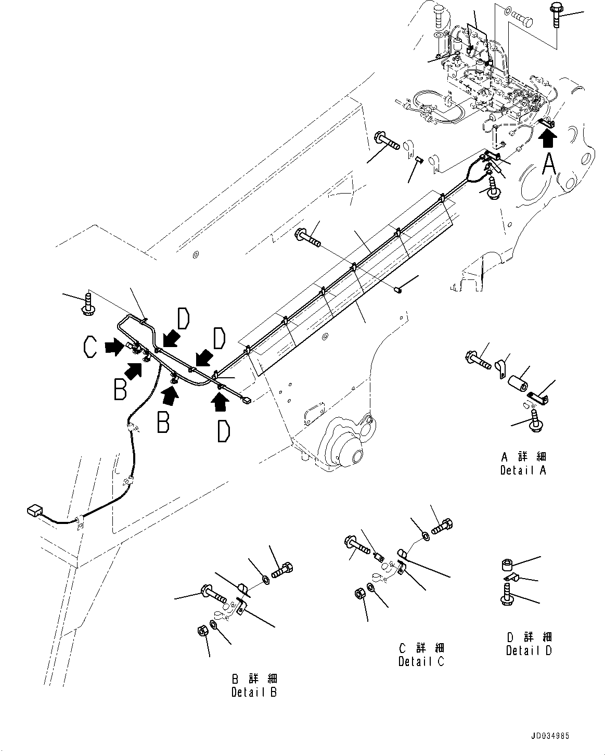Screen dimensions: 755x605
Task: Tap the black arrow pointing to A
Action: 548,139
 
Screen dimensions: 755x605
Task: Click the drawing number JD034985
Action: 550,736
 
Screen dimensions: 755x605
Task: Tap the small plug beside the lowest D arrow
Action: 247,400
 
